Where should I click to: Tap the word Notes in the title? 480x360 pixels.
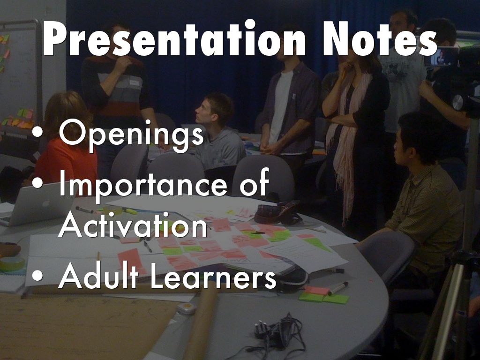(x=380, y=38)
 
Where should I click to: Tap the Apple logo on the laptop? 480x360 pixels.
(x=46, y=203)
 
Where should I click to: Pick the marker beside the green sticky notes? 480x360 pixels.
(x=337, y=288)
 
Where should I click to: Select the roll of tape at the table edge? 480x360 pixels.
(x=12, y=263)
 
